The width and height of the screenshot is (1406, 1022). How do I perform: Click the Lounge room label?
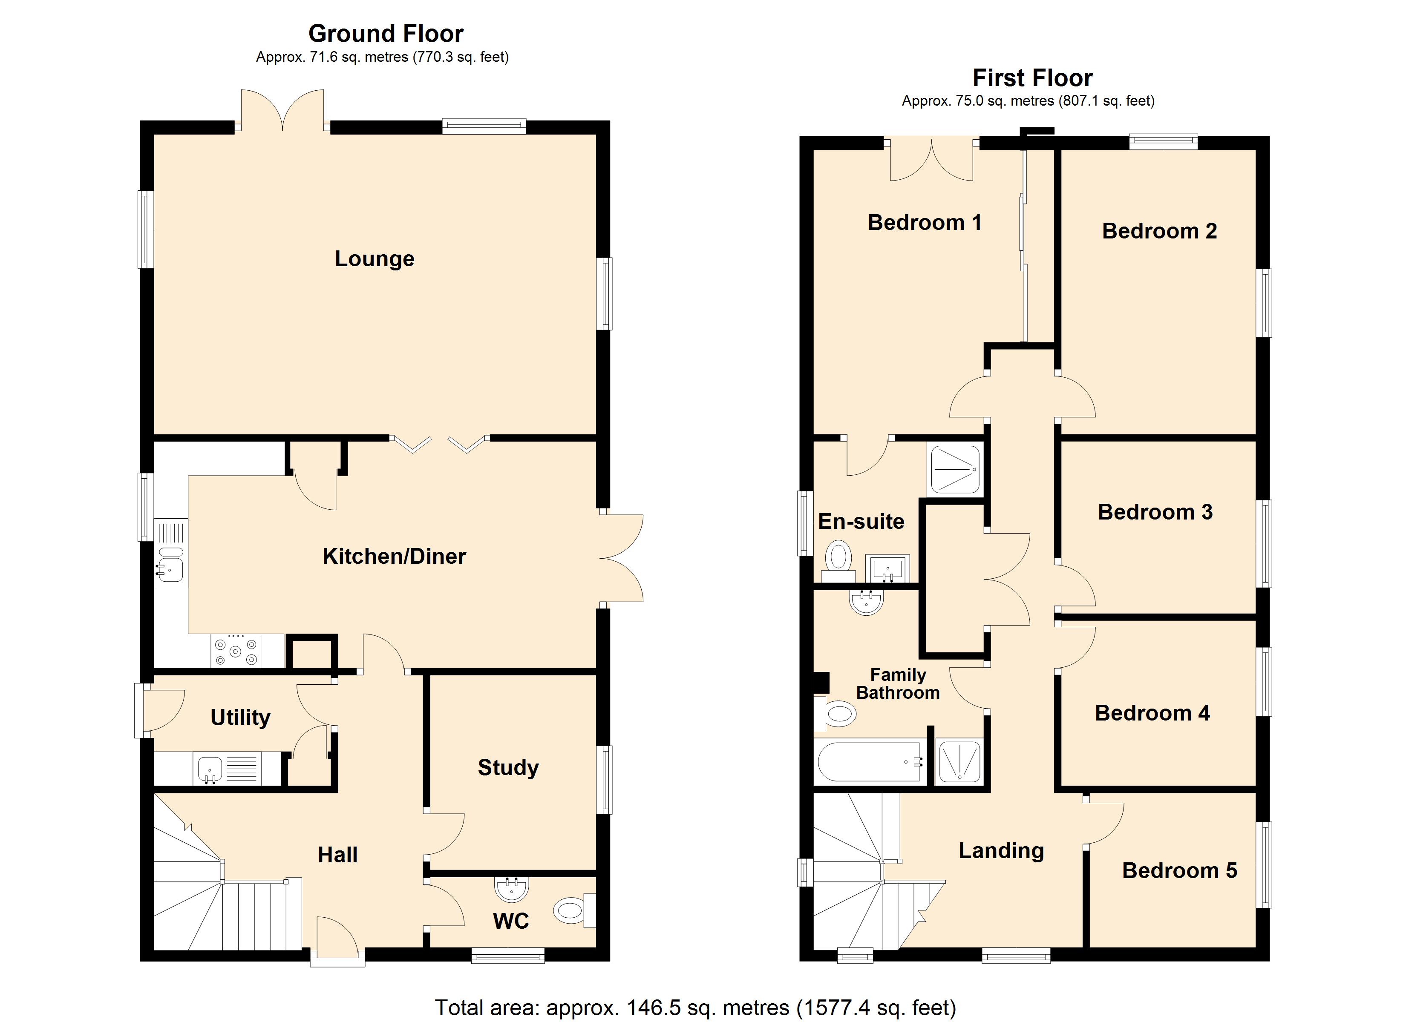coord(375,258)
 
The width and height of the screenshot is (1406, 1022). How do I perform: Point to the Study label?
coord(508,767)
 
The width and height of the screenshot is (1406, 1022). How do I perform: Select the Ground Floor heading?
coord(386,34)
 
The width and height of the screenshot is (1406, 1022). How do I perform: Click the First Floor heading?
coord(1032,78)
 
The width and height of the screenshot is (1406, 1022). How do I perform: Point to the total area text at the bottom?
coord(695,1007)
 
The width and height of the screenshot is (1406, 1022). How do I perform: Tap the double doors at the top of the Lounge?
coord(282,112)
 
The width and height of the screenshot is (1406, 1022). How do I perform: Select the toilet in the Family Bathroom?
coord(837,713)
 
